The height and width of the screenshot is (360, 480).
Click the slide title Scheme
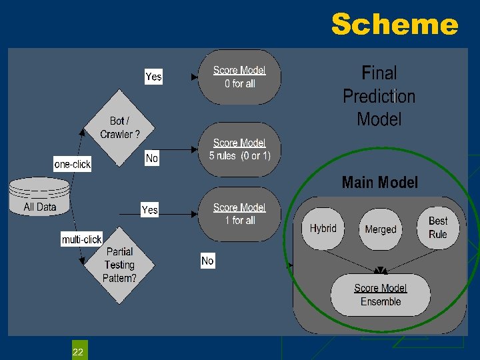click(x=395, y=25)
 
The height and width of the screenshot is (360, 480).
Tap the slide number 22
click(x=78, y=351)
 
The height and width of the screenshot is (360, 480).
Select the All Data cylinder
click(x=40, y=198)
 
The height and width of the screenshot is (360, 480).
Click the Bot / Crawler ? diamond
click(x=120, y=127)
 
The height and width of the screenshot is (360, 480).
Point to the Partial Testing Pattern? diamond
click(x=119, y=265)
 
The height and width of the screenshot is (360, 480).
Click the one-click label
click(x=72, y=164)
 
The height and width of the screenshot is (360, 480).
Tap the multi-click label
click(x=81, y=239)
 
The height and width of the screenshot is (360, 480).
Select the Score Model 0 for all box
click(x=239, y=77)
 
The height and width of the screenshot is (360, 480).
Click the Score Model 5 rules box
click(x=239, y=149)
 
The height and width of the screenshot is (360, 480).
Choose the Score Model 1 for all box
click(x=239, y=214)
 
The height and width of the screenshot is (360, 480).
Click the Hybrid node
click(x=323, y=229)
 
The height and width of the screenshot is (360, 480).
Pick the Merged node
click(x=381, y=229)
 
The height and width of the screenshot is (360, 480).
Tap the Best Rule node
click(x=438, y=227)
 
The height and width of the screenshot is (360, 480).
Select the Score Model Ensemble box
click(x=381, y=295)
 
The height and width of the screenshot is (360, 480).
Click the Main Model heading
click(x=379, y=183)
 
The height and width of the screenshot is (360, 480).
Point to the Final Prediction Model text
click(x=379, y=96)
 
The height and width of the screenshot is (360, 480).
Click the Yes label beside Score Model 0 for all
click(x=153, y=77)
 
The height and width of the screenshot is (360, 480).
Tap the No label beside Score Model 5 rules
click(x=152, y=158)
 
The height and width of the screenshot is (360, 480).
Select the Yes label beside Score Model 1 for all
click(x=150, y=210)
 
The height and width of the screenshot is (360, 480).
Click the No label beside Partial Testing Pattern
click(x=207, y=261)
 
